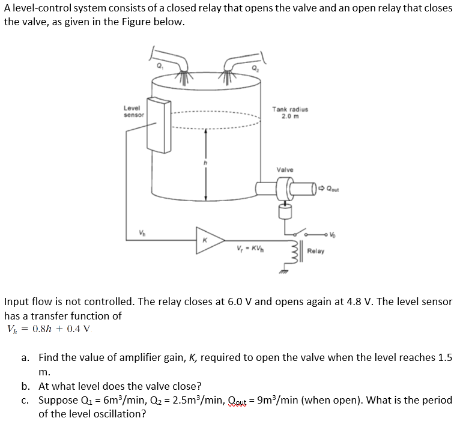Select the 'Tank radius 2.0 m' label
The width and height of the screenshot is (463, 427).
tap(290, 112)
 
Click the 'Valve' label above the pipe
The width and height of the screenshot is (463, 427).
tap(285, 169)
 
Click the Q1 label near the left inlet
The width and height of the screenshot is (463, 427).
tap(160, 65)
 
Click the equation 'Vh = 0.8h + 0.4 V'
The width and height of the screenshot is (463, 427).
tap(47, 329)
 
